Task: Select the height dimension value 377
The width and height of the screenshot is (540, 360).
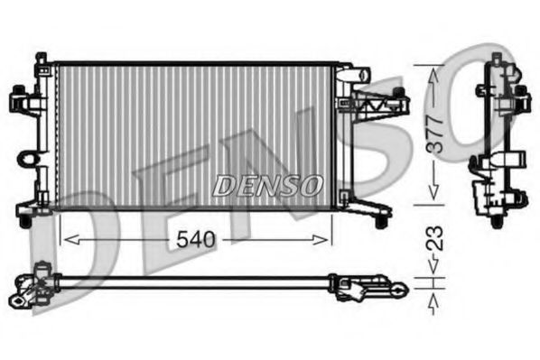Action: tap(435, 134)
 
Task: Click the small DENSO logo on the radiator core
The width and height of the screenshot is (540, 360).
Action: tap(268, 186)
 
